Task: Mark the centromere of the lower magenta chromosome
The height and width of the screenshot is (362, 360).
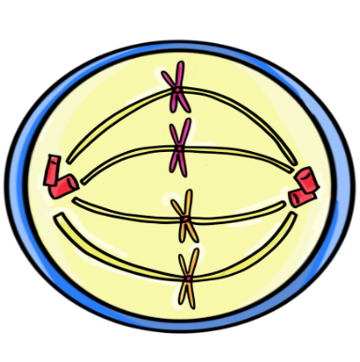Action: [x=178, y=146]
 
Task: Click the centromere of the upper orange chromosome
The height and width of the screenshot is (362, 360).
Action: [x=186, y=218]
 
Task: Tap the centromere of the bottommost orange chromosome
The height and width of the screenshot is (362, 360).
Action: [x=188, y=278]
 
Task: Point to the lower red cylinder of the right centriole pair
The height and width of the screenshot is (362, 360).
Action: [x=300, y=198]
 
